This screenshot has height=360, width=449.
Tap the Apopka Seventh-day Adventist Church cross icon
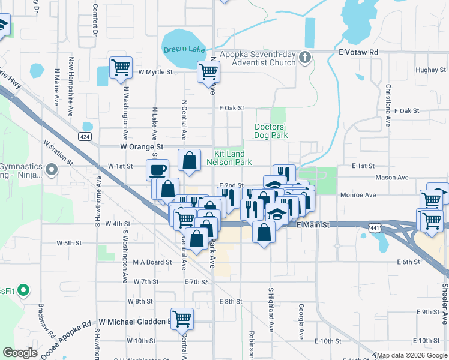305,58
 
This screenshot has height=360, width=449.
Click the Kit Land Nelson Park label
229,158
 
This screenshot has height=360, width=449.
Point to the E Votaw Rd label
358,52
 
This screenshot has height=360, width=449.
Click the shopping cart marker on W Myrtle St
121,68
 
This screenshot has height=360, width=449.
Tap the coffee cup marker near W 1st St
158,169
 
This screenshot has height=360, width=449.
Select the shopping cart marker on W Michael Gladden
182,319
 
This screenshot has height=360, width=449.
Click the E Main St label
314,224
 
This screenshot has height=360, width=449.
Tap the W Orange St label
142,146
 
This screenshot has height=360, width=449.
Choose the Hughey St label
427,70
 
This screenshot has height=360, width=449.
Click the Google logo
20,353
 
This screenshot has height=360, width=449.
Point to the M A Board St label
152,262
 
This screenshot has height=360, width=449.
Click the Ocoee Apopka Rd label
65,340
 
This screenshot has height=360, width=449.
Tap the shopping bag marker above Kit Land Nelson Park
190,160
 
